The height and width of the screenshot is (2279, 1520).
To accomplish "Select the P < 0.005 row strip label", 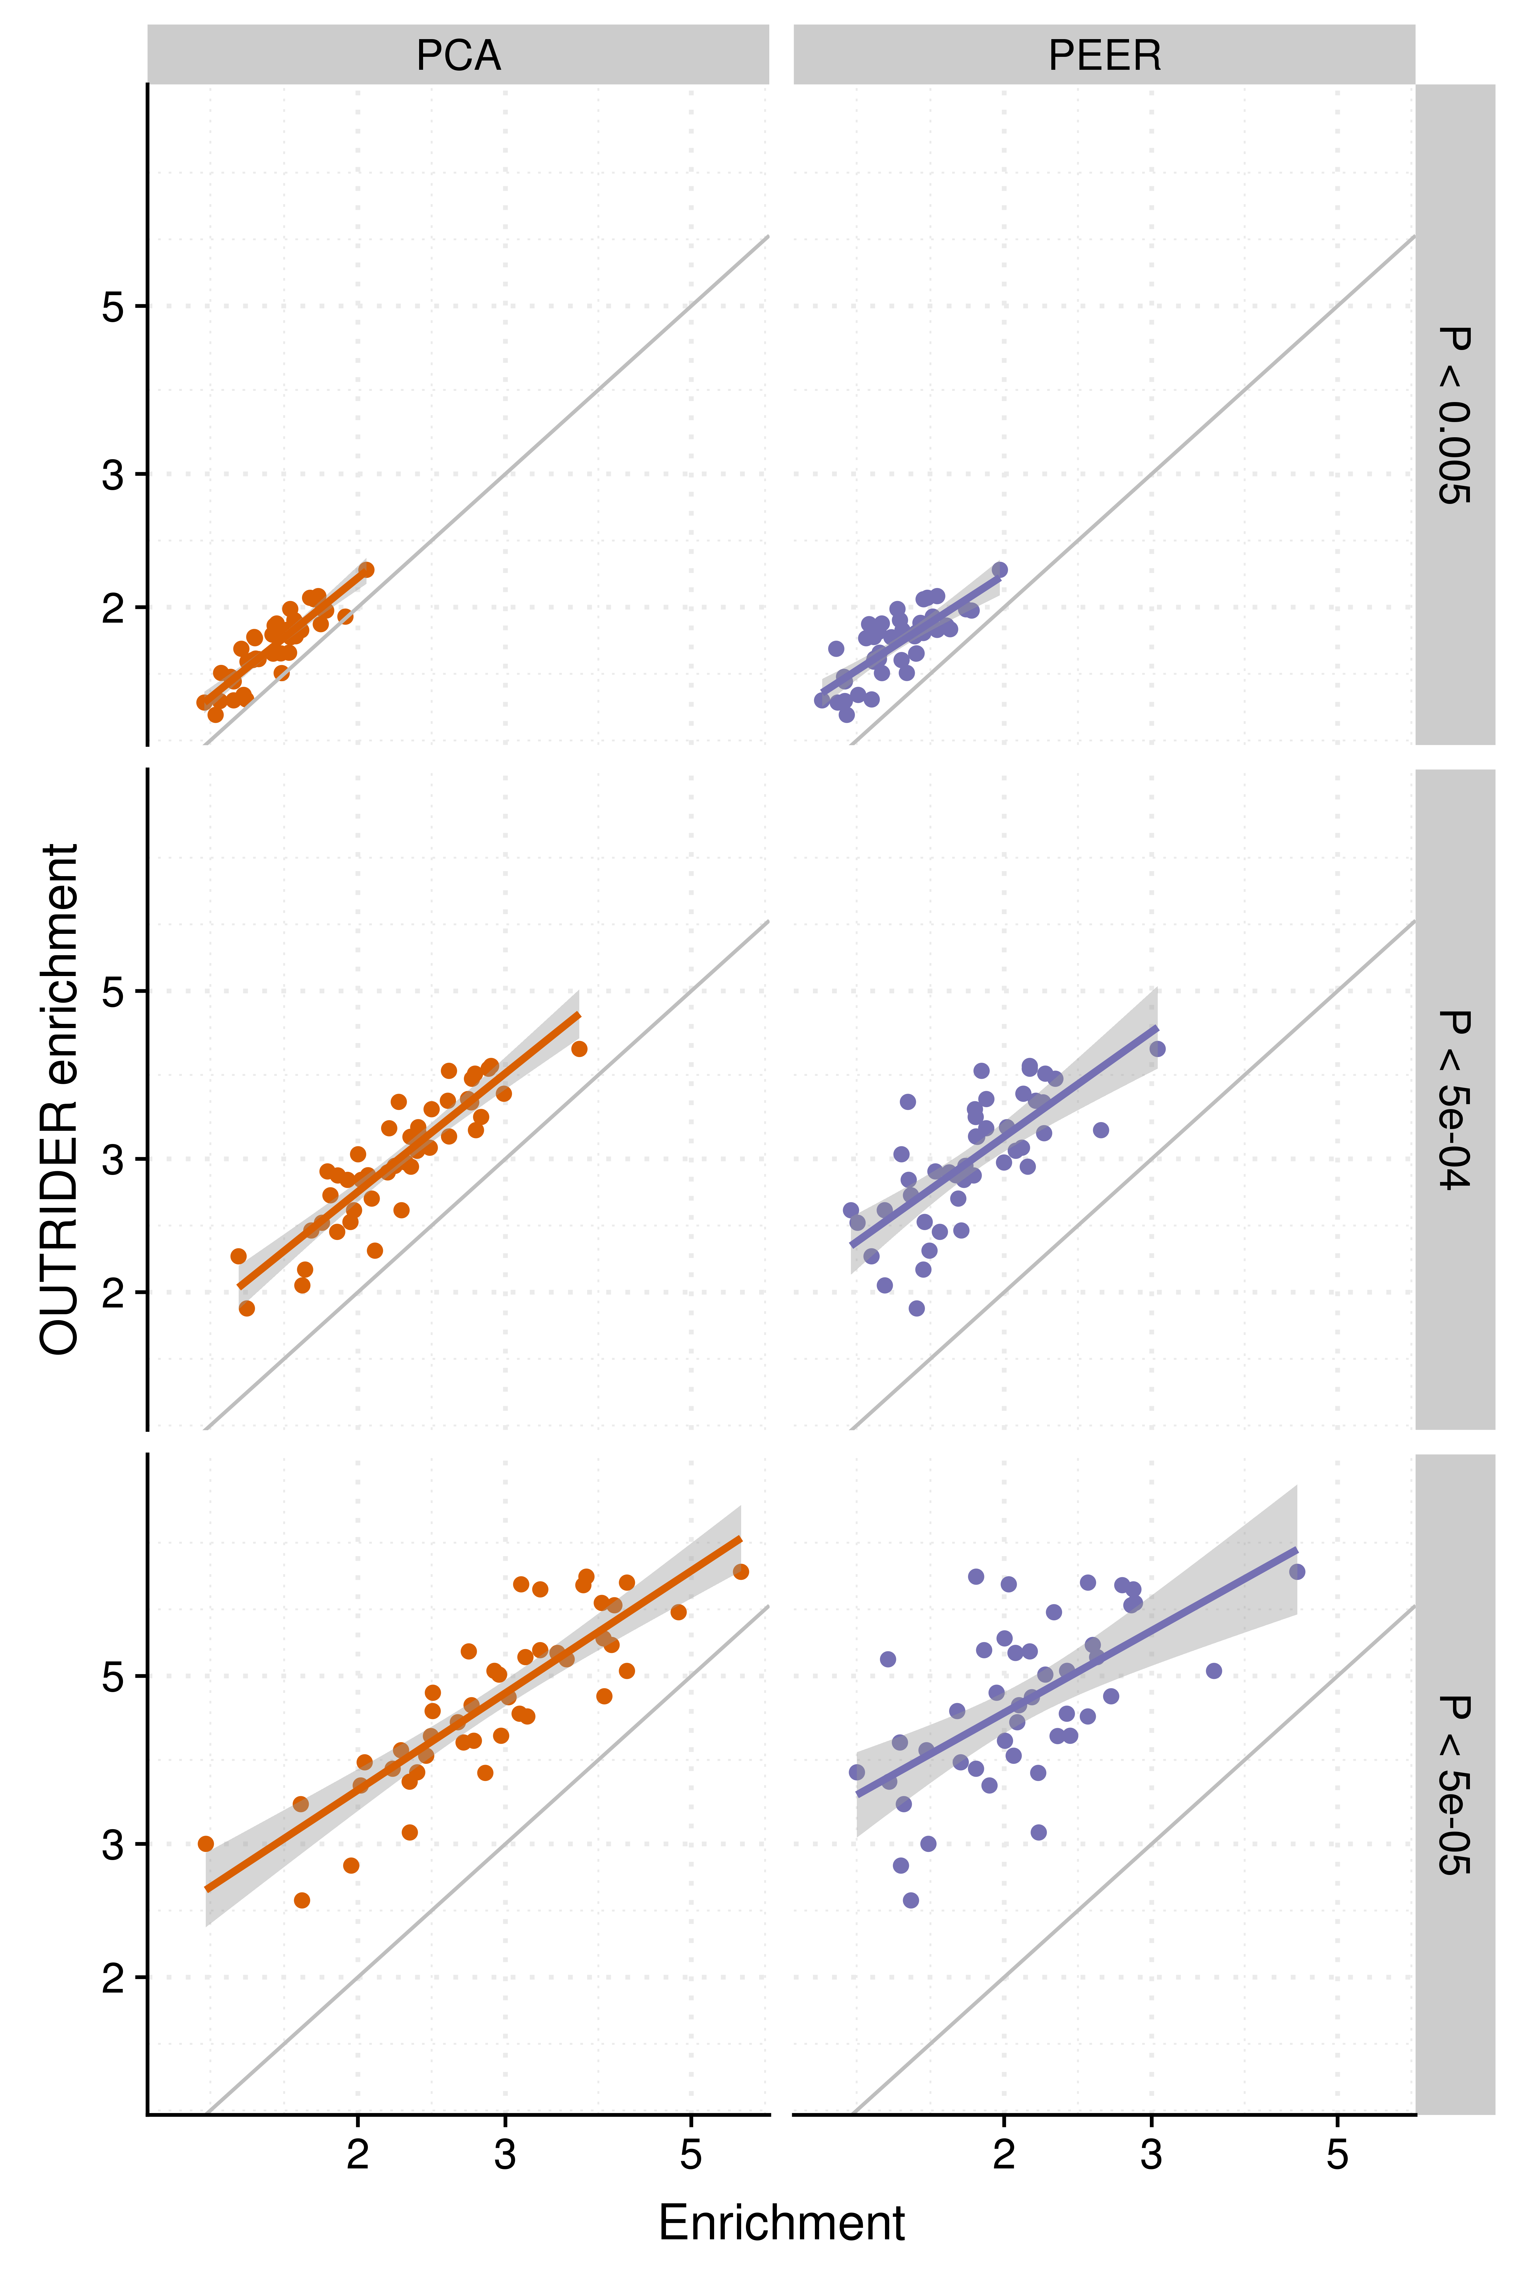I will [1454, 415].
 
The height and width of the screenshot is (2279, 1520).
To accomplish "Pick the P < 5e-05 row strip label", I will [1454, 1785].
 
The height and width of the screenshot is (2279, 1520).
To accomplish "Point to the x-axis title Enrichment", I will [781, 2223].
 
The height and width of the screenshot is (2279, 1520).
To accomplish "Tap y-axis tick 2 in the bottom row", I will [113, 1978].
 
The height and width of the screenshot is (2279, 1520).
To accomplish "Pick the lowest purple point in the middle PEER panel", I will [916, 1308].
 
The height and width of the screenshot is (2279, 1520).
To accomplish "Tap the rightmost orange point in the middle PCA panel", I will [579, 1048].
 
